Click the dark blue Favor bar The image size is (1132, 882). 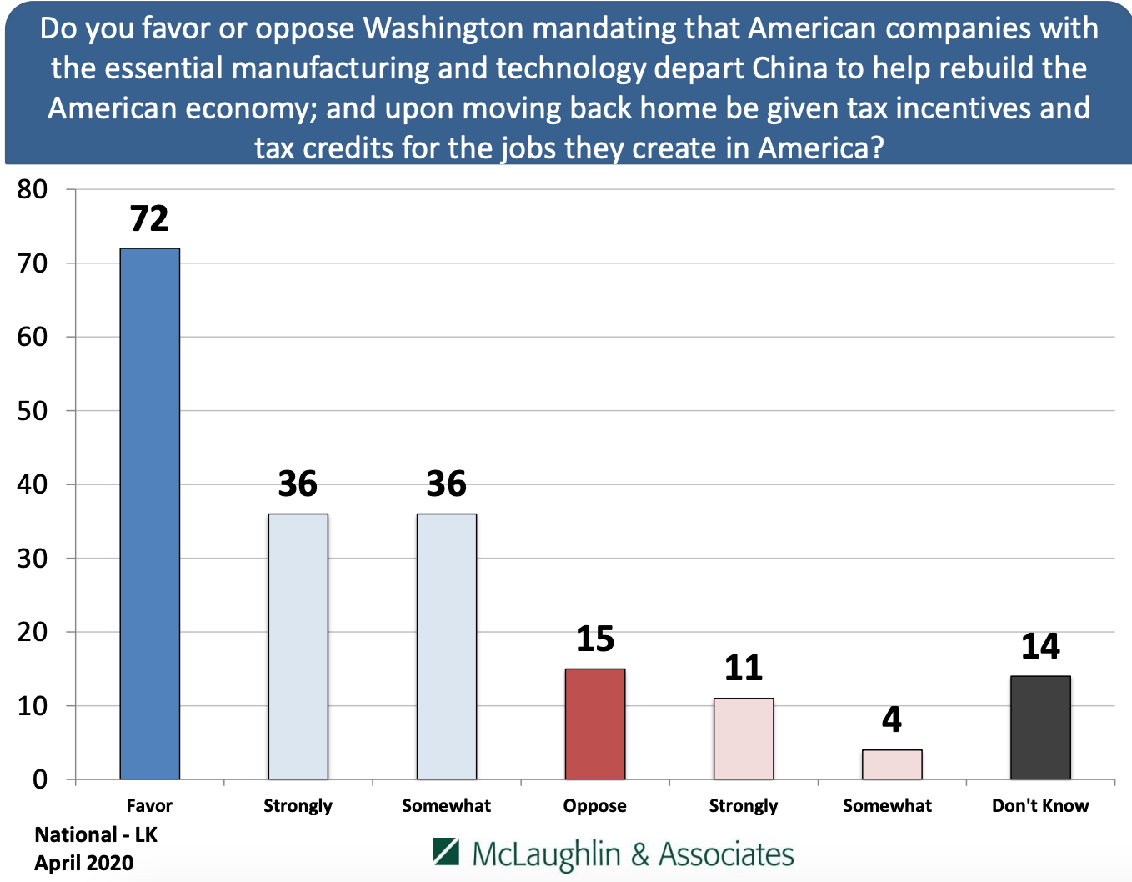click(x=150, y=514)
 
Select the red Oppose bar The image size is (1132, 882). click(x=595, y=724)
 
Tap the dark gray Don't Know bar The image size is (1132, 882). click(x=1040, y=727)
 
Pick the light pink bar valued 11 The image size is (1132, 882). click(x=744, y=739)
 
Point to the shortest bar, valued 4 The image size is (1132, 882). click(x=892, y=764)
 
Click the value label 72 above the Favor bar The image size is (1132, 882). click(x=150, y=219)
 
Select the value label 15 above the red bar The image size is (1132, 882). click(x=595, y=639)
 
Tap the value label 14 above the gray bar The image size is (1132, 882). click(x=1040, y=646)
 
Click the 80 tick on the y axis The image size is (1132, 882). click(x=33, y=189)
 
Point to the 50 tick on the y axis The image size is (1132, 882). click(x=33, y=411)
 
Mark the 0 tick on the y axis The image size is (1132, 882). click(x=40, y=780)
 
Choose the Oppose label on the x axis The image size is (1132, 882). click(x=594, y=806)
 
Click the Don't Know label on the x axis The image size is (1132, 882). click(x=1040, y=806)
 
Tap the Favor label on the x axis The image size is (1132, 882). click(x=149, y=806)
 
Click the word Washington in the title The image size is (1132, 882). click(x=445, y=28)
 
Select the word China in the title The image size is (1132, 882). click(x=790, y=68)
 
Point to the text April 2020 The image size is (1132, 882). click(x=83, y=863)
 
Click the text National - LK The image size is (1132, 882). click(x=96, y=835)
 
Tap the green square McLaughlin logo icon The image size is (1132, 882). click(x=446, y=852)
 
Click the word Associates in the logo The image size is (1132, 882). click(x=726, y=854)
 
